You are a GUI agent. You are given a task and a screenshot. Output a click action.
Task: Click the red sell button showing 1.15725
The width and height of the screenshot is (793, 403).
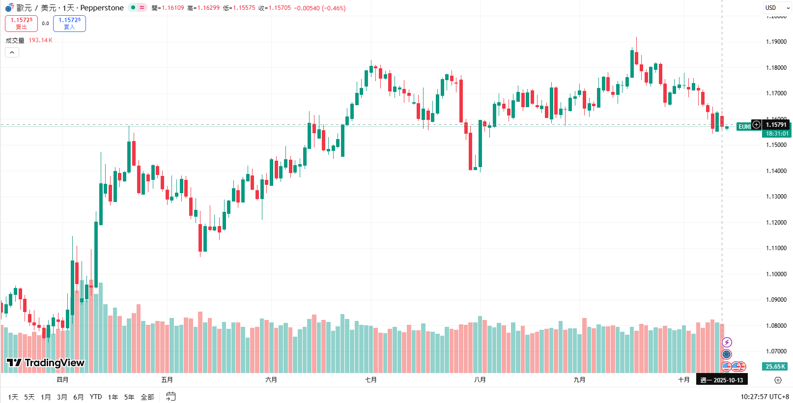[21, 23]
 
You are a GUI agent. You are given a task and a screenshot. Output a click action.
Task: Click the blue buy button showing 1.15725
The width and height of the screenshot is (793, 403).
[69, 23]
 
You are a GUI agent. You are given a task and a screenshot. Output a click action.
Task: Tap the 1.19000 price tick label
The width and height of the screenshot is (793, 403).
[776, 42]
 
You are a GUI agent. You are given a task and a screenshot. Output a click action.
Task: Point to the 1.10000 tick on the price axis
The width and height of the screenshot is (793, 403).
[776, 274]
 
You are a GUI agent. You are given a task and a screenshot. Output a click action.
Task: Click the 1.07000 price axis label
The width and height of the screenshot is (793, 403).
[776, 351]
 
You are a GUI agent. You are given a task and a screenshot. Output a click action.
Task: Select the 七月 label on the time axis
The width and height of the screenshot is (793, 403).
[371, 380]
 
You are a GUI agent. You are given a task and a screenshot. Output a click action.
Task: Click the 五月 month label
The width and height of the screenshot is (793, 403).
[167, 380]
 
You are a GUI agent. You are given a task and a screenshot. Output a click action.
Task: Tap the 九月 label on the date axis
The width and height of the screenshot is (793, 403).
[580, 380]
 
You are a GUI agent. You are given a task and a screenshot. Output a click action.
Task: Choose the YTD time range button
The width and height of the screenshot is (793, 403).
[96, 397]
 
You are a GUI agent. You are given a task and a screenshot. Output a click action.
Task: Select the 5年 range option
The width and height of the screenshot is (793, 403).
[129, 397]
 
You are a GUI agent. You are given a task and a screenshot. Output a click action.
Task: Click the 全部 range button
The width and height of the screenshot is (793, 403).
[147, 397]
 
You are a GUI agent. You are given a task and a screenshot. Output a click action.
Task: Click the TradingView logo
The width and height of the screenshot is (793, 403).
[46, 363]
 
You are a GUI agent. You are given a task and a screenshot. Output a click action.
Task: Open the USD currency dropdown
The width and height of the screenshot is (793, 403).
[777, 8]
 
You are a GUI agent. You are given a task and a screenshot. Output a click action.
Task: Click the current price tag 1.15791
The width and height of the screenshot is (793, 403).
[776, 125]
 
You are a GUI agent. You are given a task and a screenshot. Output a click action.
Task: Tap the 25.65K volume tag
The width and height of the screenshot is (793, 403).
[775, 367]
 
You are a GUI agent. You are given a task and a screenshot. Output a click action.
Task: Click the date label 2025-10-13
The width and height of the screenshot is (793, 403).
[722, 380]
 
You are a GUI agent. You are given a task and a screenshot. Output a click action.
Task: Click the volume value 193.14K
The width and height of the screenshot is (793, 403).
[40, 40]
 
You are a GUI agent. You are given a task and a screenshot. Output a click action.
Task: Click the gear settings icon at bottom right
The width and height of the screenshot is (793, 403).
[778, 380]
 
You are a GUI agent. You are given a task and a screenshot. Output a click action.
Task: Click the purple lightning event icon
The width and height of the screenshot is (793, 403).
[727, 342]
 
